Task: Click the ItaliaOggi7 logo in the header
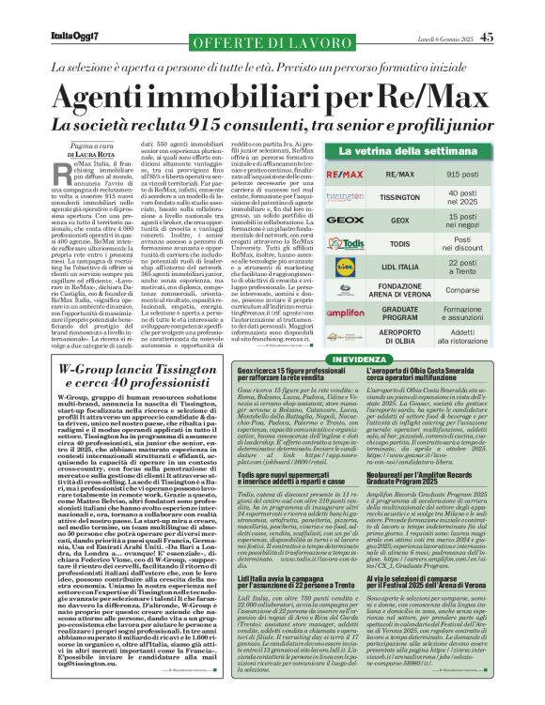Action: (x=75, y=38)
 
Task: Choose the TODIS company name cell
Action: (x=400, y=243)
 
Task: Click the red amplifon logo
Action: (x=339, y=314)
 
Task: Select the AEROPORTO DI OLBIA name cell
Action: (x=400, y=337)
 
